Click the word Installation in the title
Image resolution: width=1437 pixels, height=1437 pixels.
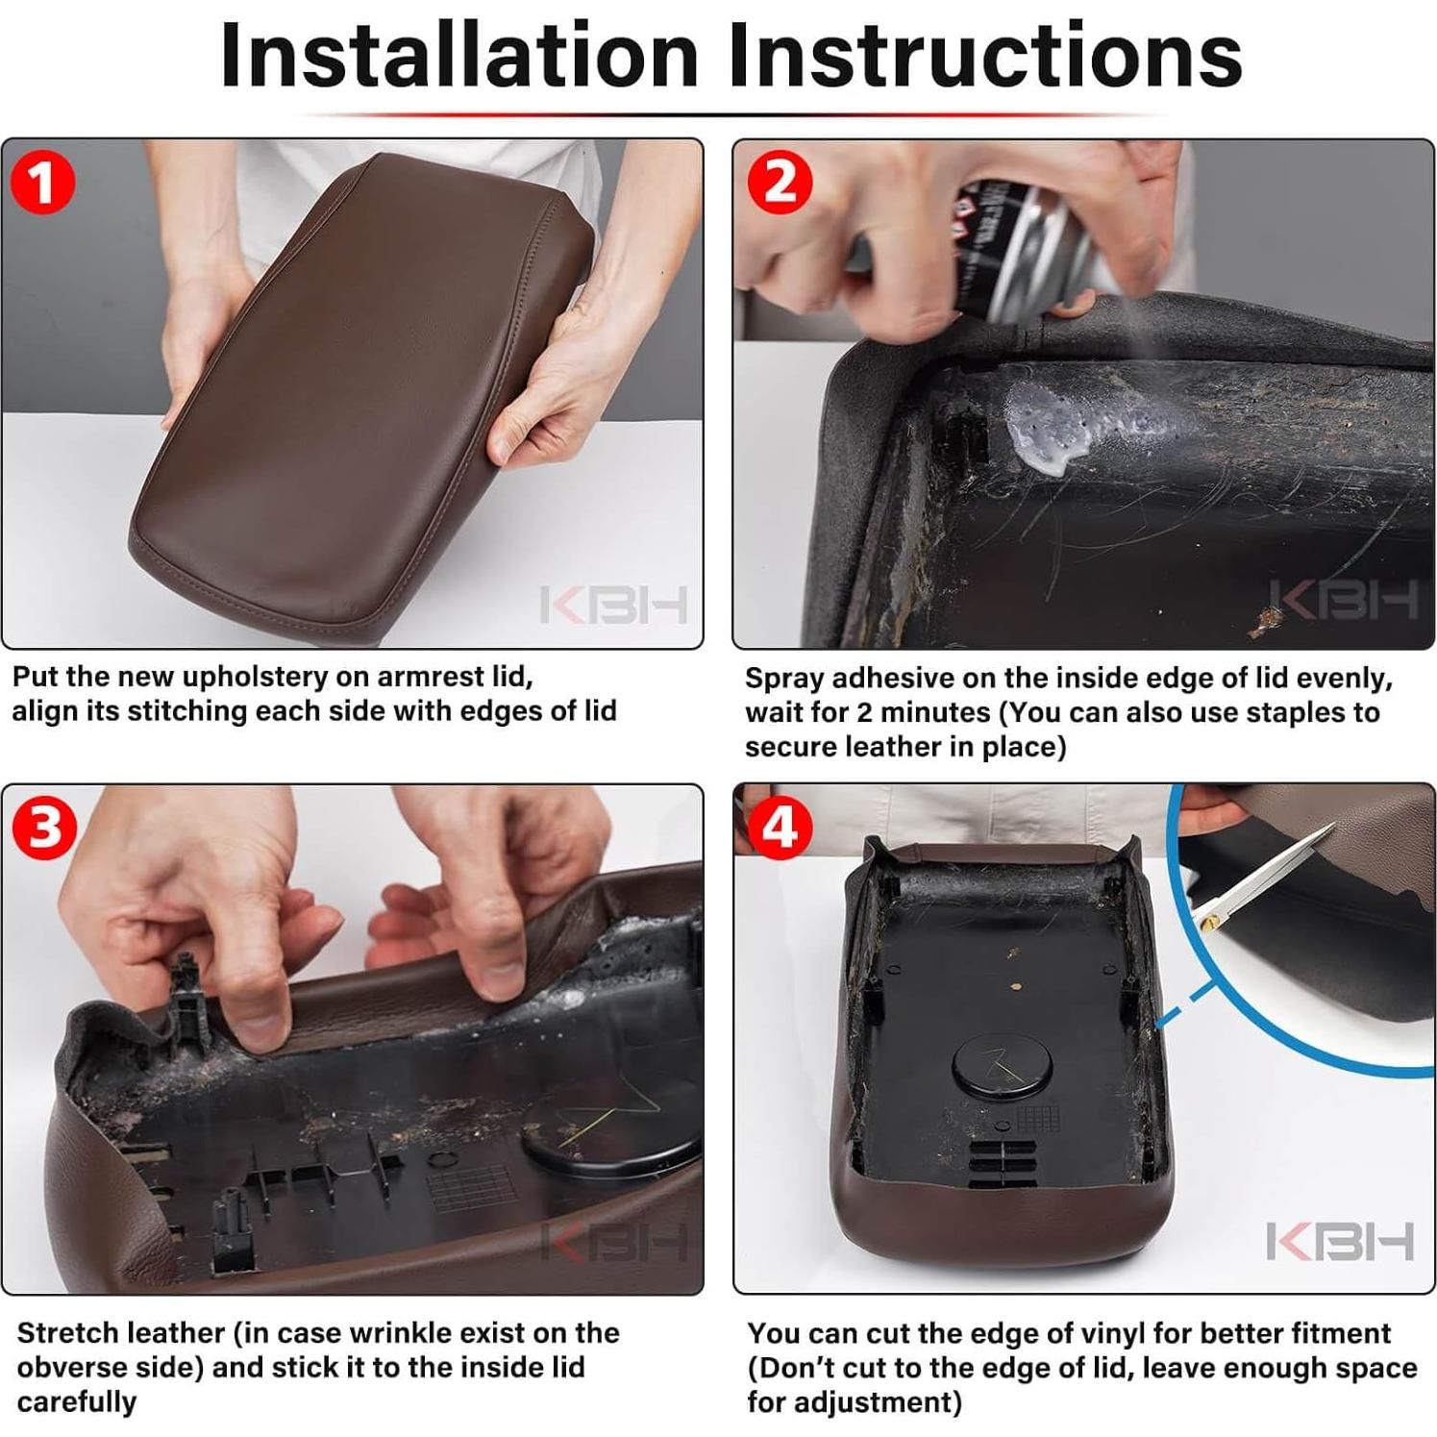[458, 55]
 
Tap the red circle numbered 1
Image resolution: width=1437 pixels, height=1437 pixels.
[43, 183]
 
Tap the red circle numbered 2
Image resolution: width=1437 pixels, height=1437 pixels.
[780, 183]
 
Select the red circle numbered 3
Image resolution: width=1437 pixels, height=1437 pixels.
[44, 827]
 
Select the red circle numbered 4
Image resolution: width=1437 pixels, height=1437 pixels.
[780, 827]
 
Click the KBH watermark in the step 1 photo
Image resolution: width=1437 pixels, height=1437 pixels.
[613, 605]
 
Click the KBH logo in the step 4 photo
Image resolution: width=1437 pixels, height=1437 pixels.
[1340, 1241]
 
